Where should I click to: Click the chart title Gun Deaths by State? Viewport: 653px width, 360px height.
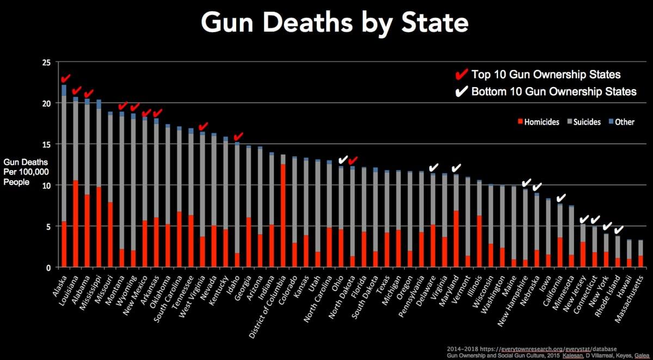click(x=334, y=23)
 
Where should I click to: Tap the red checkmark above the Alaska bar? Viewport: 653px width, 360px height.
click(x=66, y=80)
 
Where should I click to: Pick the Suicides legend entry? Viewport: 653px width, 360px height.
click(x=583, y=122)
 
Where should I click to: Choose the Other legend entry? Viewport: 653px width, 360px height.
click(x=620, y=122)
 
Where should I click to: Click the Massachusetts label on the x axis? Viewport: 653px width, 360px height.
click(x=631, y=297)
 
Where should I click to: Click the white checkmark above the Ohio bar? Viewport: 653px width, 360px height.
click(x=343, y=160)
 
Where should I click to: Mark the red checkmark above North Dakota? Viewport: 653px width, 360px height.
click(x=353, y=160)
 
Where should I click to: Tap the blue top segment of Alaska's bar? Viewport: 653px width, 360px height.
click(x=64, y=90)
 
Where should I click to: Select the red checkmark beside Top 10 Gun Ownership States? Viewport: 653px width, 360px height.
click(x=461, y=75)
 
